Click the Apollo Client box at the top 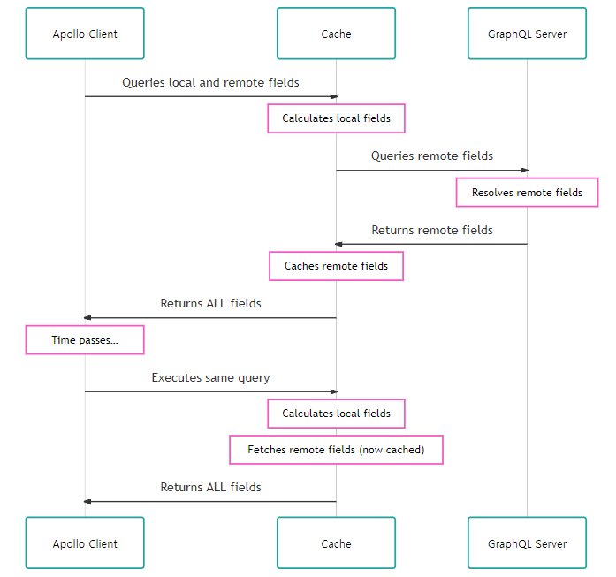(85, 34)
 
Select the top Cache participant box (336, 34)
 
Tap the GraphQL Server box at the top (527, 34)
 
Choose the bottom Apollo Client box (85, 543)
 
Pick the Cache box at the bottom (336, 543)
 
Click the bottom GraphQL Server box (527, 543)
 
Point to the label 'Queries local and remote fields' (210, 82)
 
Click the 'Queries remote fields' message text (431, 156)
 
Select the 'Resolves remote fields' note (527, 193)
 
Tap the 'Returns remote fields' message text (431, 230)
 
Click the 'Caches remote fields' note (336, 266)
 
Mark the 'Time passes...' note (85, 340)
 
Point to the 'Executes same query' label (210, 377)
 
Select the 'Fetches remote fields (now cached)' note (336, 450)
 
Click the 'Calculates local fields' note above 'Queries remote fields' (336, 118)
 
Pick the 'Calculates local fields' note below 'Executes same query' (336, 414)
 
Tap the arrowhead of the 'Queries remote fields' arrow (523, 171)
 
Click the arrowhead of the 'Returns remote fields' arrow (339, 244)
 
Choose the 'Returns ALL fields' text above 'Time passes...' (210, 303)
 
